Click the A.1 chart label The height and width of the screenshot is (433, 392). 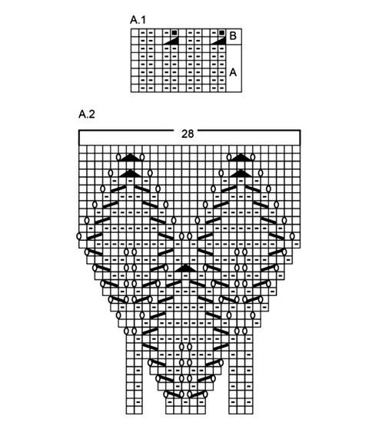tap(138, 20)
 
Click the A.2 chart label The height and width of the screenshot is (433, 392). tap(87, 114)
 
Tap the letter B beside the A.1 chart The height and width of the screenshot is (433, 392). tap(233, 36)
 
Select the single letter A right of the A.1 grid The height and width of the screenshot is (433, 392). tap(233, 72)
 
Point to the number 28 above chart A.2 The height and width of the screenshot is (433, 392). tap(188, 134)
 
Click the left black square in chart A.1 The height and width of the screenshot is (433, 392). tap(174, 33)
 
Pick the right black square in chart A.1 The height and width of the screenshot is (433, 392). tap(221, 33)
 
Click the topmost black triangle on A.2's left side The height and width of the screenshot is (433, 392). tap(131, 158)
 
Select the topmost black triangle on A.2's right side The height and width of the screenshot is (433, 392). tap(241, 158)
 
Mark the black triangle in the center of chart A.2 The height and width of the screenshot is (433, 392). tap(185, 268)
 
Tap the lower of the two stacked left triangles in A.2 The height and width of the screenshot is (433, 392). tap(131, 173)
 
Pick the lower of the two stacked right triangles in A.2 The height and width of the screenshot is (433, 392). tap(241, 173)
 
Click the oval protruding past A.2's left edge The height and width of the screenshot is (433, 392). tap(79, 236)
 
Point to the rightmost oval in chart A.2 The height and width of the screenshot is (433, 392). tap(292, 236)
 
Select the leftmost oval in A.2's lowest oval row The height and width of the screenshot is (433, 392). tap(165, 395)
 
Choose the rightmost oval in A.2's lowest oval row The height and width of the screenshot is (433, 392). tap(205, 395)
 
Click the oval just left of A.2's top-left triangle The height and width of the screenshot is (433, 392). tap(118, 158)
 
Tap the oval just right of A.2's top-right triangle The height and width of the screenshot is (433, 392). tap(253, 158)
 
